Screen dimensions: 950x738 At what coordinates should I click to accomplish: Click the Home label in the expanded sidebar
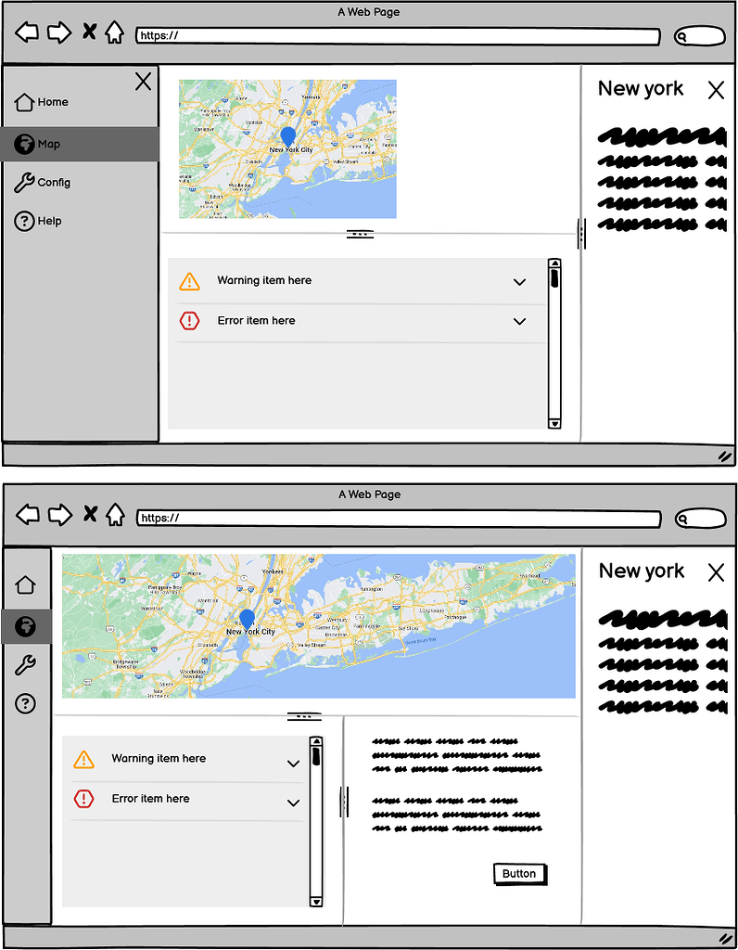click(x=53, y=102)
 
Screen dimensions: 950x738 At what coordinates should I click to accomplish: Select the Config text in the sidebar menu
click(x=54, y=183)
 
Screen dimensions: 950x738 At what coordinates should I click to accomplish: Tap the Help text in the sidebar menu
click(x=50, y=221)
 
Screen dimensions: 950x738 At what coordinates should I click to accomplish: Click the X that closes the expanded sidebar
click(x=143, y=82)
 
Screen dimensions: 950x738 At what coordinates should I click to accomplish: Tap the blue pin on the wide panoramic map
click(x=247, y=619)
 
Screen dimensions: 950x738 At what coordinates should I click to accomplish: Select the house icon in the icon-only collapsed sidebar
click(x=26, y=584)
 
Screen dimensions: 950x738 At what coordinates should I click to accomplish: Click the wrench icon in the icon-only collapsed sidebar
click(x=26, y=664)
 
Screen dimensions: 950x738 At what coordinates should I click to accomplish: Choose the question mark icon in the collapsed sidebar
click(x=26, y=703)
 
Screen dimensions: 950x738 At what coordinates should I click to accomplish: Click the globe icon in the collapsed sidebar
click(x=26, y=625)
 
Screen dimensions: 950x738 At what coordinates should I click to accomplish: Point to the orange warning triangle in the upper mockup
click(x=189, y=281)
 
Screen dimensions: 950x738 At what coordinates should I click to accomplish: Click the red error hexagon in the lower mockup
click(x=84, y=799)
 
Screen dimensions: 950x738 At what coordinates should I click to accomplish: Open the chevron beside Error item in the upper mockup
click(x=519, y=322)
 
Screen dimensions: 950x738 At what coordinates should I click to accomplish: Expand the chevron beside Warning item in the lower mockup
click(x=294, y=764)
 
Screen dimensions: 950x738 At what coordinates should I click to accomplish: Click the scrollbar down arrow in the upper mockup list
click(x=554, y=423)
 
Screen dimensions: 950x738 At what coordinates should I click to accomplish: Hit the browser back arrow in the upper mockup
click(x=28, y=33)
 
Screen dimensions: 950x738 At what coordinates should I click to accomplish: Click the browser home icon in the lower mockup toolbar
click(x=115, y=515)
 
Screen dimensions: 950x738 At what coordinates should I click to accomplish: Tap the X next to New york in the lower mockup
click(x=716, y=572)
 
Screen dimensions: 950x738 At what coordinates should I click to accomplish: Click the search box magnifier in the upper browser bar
click(x=682, y=37)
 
